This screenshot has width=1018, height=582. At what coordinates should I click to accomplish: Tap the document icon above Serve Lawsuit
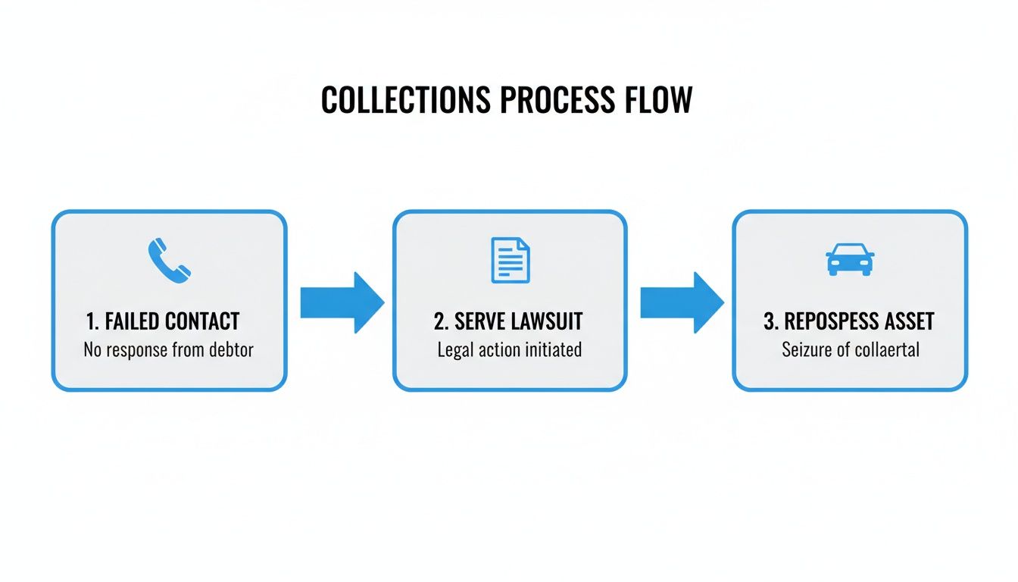coord(511,260)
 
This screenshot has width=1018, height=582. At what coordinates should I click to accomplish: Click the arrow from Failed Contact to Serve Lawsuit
coord(342,302)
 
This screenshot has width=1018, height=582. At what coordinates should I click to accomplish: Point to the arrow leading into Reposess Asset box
coord(682,302)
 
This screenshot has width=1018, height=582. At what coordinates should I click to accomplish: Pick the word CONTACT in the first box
coord(202,321)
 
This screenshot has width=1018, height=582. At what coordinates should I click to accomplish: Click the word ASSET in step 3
coord(907,321)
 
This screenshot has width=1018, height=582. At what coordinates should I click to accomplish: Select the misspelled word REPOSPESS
coord(827,321)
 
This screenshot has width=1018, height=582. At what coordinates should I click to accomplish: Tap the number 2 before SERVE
coord(439,321)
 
